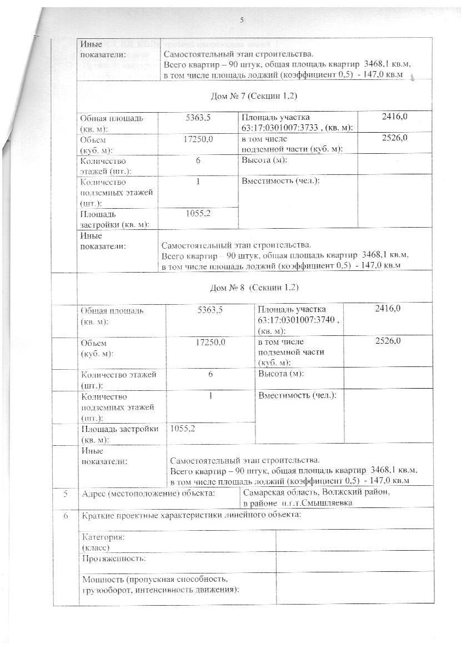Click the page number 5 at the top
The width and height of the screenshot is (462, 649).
click(242, 21)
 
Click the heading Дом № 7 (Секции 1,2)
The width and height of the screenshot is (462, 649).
click(254, 96)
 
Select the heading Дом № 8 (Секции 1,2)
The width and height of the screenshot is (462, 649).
click(254, 288)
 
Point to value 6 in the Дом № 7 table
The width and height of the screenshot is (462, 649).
click(198, 160)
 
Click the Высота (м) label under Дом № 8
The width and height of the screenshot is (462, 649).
click(281, 374)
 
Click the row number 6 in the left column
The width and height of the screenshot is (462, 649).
click(66, 516)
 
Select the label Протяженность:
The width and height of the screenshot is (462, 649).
click(114, 557)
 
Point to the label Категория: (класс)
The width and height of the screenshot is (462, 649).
click(103, 542)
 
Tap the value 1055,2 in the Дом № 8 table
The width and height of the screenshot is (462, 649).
click(183, 429)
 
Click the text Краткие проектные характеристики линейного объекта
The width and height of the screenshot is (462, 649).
click(191, 516)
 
